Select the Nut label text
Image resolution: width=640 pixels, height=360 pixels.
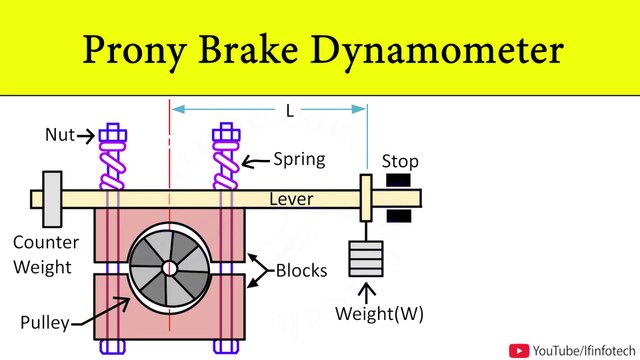tap(60, 134)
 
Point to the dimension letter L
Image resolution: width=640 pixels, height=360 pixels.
tap(290, 111)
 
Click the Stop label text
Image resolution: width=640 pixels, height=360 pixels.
tap(400, 161)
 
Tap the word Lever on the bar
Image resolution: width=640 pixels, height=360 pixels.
tap(291, 199)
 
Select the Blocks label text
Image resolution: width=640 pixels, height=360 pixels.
tap(302, 270)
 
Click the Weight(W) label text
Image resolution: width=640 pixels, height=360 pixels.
tap(381, 313)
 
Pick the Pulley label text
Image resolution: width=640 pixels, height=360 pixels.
tap(44, 322)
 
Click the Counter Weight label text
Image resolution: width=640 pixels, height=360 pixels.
tap(41, 254)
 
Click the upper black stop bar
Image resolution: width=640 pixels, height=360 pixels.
tap(398, 181)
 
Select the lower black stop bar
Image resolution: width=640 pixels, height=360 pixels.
tap(398, 215)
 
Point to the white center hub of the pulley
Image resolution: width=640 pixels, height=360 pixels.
tap(170, 268)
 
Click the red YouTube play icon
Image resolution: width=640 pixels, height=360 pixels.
tap(520, 349)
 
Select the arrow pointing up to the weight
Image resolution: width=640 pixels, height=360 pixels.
tap(365, 291)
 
